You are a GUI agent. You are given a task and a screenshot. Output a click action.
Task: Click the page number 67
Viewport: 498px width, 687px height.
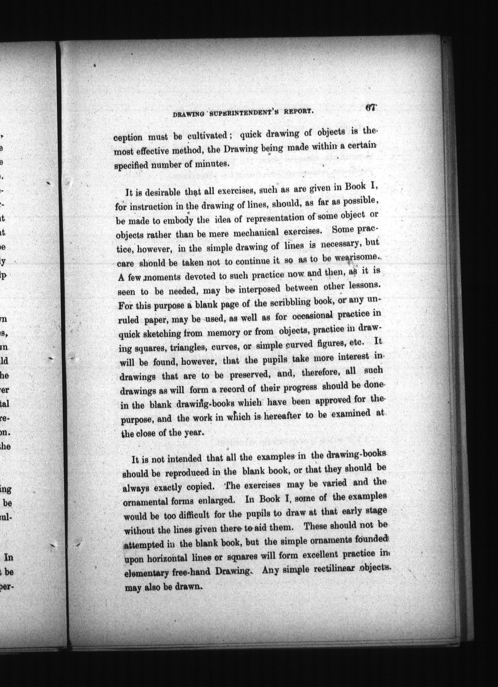tap(370, 108)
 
